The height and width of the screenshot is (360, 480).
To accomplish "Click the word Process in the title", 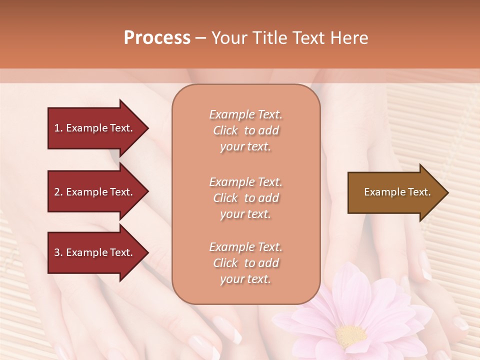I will click(157, 38).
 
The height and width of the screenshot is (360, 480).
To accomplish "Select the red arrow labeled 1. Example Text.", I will click(95, 128).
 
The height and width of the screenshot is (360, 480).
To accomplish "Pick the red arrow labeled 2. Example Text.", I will click(95, 192).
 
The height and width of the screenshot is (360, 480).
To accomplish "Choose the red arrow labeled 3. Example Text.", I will click(95, 253).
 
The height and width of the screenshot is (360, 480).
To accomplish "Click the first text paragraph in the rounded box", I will click(245, 130).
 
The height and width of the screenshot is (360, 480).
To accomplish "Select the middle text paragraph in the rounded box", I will click(245, 198).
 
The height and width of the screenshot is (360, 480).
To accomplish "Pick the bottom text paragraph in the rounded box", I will click(245, 263).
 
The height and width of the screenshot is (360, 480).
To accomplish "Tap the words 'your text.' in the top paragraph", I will click(245, 147).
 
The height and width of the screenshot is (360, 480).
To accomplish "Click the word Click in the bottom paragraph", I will click(225, 263).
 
